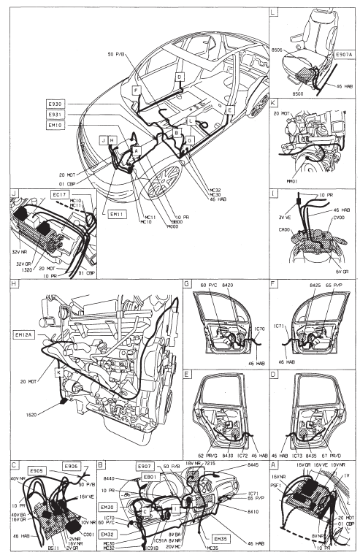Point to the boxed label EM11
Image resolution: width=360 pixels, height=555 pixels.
[x=112, y=214]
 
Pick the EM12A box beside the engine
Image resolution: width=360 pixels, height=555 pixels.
[x=26, y=334]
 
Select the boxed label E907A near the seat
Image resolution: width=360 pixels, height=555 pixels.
[x=344, y=54]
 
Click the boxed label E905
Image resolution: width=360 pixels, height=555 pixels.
[x=38, y=470]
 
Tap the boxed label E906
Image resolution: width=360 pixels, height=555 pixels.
[x=71, y=466]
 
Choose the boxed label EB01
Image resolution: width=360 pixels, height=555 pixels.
[x=151, y=477]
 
